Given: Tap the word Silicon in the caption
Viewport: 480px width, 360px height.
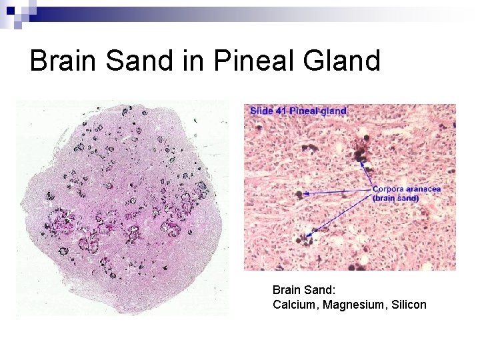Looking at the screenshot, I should tap(405, 305).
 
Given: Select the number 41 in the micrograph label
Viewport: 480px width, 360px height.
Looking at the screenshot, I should tap(282, 110).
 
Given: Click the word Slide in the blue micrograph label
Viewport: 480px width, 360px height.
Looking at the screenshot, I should tap(262, 110).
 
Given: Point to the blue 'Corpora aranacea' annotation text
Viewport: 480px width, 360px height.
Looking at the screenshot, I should tap(406, 189).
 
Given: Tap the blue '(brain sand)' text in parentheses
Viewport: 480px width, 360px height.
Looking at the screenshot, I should tap(395, 198).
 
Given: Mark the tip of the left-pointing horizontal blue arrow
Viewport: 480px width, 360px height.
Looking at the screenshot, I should tap(304, 194).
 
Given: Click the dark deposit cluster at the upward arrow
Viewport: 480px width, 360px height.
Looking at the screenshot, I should tap(360, 154).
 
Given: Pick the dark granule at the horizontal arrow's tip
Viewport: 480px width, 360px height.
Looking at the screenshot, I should tap(298, 195).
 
